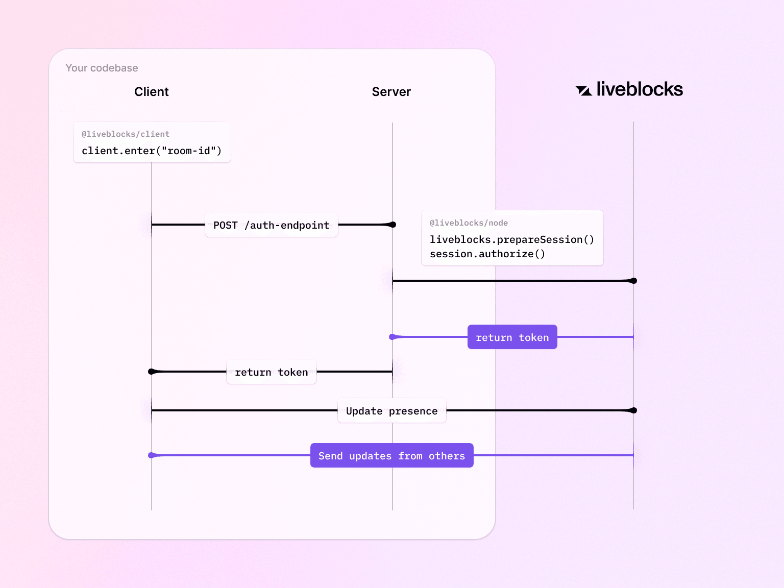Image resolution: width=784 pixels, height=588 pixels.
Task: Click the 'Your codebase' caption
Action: (x=102, y=68)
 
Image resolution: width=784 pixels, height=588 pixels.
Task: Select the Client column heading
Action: (x=151, y=92)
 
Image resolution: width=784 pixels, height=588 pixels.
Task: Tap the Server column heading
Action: (x=391, y=92)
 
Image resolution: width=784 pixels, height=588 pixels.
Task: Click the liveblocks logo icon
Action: (x=583, y=91)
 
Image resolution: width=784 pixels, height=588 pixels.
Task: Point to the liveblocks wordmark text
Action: (x=639, y=89)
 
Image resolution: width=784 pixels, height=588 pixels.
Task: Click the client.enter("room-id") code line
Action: (x=152, y=151)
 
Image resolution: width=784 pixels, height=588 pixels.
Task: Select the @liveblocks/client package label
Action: (x=126, y=134)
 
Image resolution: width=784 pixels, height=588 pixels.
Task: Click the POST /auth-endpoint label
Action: (x=271, y=225)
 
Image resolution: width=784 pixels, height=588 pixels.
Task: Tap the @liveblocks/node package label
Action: (x=469, y=223)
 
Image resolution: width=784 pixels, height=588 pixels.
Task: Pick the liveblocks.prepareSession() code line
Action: (x=511, y=239)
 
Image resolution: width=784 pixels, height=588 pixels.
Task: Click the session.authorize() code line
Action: (x=487, y=254)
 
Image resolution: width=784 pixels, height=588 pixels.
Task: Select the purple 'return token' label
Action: (x=512, y=337)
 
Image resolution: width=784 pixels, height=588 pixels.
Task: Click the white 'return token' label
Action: (x=271, y=372)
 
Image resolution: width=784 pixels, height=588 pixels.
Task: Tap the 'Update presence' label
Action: (x=391, y=411)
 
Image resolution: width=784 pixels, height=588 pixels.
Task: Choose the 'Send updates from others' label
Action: (x=391, y=456)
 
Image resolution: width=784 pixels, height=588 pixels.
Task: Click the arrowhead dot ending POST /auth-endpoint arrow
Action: (x=392, y=225)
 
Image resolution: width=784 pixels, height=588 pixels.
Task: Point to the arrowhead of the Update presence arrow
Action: (x=633, y=410)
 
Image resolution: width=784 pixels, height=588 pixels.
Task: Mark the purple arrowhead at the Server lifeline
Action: (x=393, y=337)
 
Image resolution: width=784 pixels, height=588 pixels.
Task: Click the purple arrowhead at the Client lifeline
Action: (x=152, y=455)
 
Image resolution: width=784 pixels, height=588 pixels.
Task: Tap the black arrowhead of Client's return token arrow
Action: (x=152, y=372)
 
